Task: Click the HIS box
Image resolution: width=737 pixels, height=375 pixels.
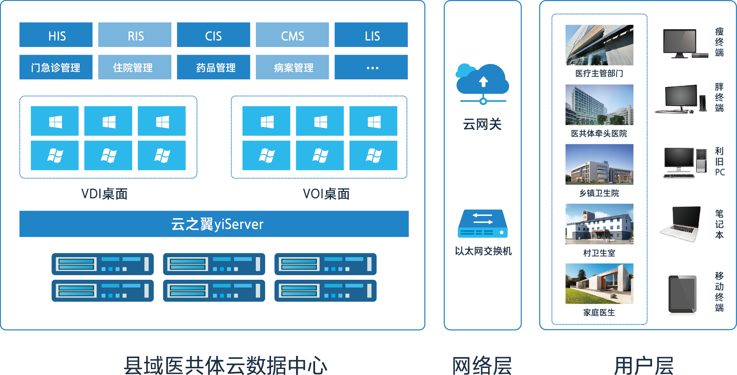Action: (56, 35)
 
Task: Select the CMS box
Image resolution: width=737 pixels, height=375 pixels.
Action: (292, 35)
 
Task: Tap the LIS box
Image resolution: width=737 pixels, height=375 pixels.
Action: (371, 35)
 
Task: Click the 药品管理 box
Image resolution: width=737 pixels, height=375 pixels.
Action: (213, 67)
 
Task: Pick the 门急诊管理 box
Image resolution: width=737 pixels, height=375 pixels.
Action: (56, 67)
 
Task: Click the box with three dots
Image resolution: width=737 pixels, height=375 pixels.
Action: (371, 67)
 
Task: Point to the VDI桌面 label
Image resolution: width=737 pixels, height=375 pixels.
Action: (105, 194)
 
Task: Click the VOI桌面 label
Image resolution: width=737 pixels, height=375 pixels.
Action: (326, 194)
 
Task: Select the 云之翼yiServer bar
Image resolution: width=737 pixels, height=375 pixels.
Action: (214, 224)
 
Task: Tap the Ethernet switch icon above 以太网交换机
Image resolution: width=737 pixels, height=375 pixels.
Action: (483, 224)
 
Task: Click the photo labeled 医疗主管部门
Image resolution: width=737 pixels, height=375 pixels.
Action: (599, 45)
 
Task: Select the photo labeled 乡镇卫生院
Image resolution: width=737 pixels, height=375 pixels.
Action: (599, 164)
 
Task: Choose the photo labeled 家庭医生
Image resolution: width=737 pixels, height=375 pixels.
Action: (599, 284)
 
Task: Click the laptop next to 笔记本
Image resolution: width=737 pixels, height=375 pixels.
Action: (680, 224)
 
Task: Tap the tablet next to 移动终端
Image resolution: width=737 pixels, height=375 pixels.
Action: (682, 294)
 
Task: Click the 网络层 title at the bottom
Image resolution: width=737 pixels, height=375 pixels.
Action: (482, 365)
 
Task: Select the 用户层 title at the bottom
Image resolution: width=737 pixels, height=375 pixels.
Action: (644, 365)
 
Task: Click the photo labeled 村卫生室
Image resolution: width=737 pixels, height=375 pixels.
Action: (599, 224)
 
